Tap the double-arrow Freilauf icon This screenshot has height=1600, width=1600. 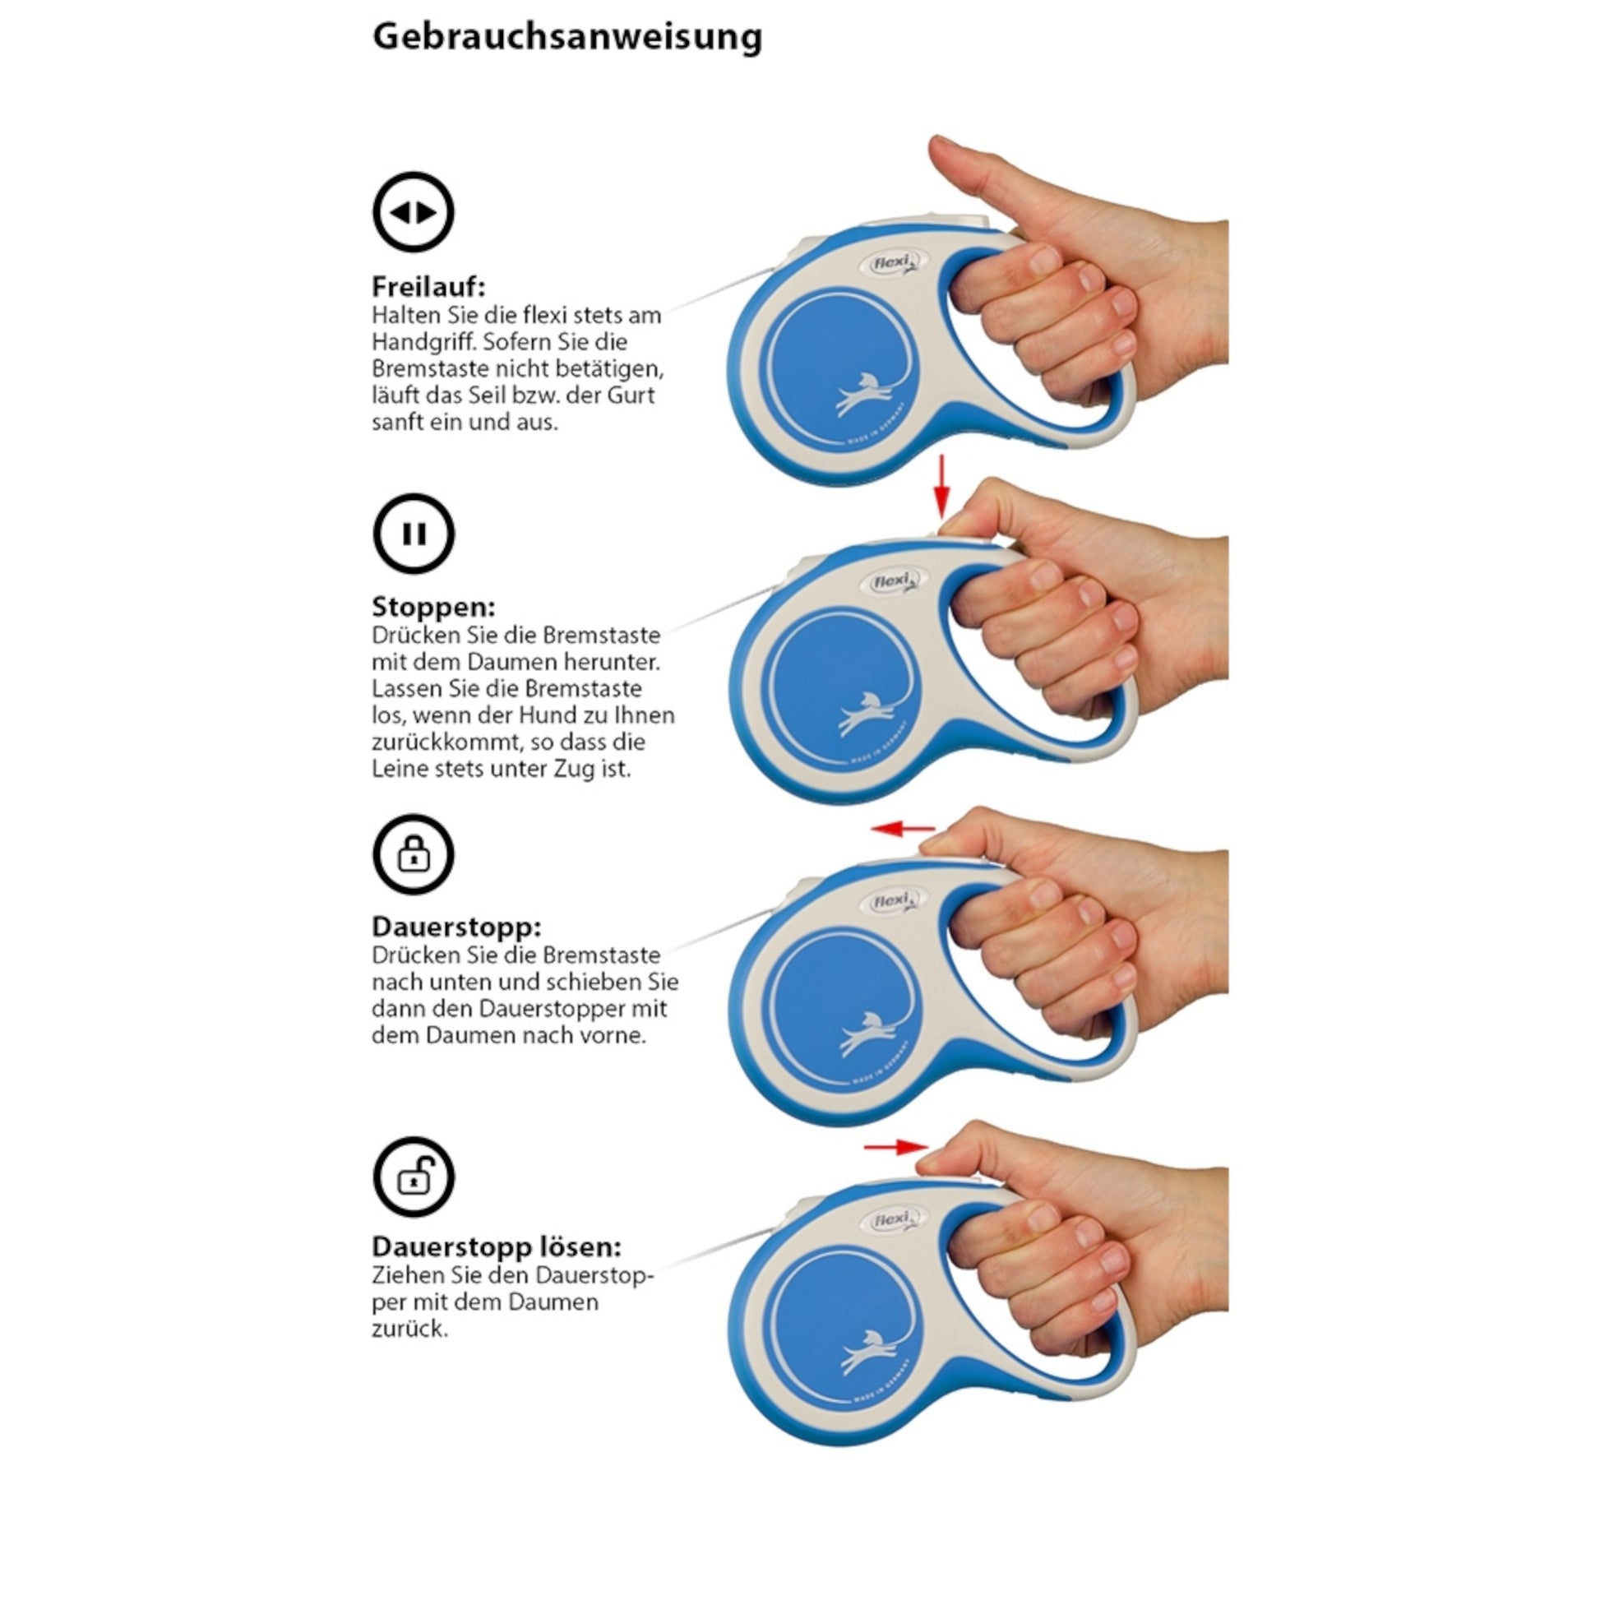[x=414, y=212]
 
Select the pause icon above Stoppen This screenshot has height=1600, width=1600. [x=414, y=534]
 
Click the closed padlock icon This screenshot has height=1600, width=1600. [x=414, y=853]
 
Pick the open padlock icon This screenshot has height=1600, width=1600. [x=414, y=1175]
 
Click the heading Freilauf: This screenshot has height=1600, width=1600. [x=428, y=287]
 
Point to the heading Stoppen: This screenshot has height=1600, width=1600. [x=433, y=607]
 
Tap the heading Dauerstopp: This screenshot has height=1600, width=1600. [x=456, y=926]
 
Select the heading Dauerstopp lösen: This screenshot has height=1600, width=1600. [x=497, y=1246]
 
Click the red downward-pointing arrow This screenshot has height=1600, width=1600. [x=941, y=486]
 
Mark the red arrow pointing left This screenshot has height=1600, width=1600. [x=903, y=828]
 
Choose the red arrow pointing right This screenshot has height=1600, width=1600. [x=896, y=1147]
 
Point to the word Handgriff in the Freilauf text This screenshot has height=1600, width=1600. [x=423, y=342]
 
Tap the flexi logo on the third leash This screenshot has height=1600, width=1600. [x=893, y=902]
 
